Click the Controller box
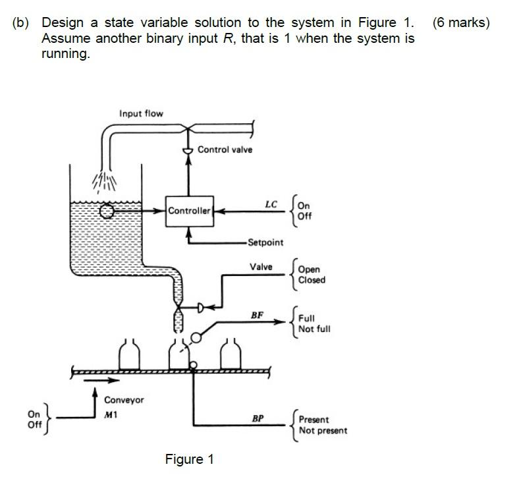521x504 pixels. tap(190, 211)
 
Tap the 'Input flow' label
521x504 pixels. tap(141, 113)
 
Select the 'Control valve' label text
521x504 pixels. tap(225, 150)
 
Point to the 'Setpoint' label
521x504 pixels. tap(265, 242)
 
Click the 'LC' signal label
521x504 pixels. tap(271, 204)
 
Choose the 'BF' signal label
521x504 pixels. tap(258, 316)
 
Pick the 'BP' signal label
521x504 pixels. tap(258, 418)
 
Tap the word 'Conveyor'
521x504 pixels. tap(124, 400)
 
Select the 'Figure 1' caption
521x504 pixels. tap(189, 459)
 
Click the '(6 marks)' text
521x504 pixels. tap(461, 23)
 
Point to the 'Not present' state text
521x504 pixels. tap(323, 431)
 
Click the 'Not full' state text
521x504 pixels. tap(314, 329)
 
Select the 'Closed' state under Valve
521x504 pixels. tap(312, 280)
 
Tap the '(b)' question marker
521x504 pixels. tap(21, 23)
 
